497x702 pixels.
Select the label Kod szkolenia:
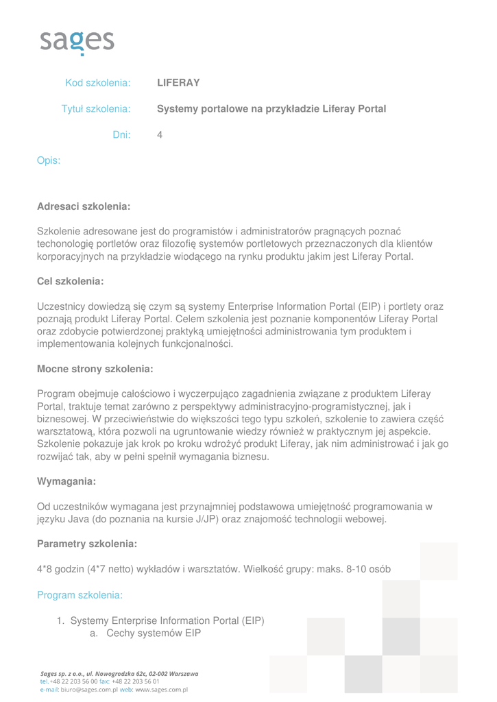click(97, 83)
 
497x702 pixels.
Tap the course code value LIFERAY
click(178, 83)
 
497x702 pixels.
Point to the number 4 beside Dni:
click(160, 135)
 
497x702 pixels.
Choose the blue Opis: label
click(48, 161)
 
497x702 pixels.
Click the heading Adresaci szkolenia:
click(83, 206)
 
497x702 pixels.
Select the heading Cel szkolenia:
click(70, 281)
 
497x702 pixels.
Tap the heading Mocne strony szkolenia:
click(95, 369)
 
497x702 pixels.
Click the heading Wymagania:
click(66, 481)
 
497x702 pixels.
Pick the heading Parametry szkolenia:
click(87, 544)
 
